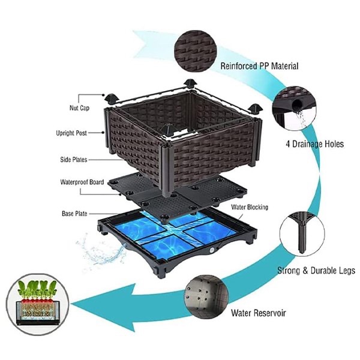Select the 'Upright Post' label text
[76, 133]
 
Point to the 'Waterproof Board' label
[80, 182]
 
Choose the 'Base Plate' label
[76, 213]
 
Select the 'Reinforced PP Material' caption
[259, 66]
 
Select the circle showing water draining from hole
[293, 108]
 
